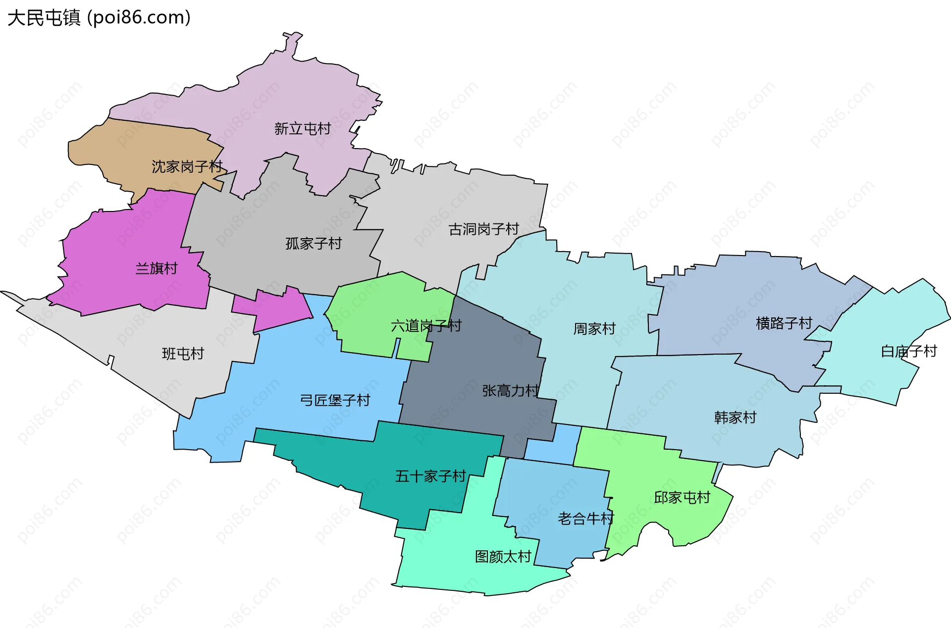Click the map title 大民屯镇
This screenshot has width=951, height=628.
(x=44, y=18)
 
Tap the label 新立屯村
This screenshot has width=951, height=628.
(x=302, y=129)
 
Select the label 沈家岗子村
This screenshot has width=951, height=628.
(x=187, y=166)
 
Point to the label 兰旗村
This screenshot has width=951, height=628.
(x=157, y=268)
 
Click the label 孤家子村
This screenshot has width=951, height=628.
(x=314, y=243)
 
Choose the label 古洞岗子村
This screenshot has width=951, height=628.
(x=483, y=229)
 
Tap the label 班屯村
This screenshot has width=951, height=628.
(x=183, y=354)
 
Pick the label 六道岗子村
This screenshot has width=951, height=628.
(x=426, y=326)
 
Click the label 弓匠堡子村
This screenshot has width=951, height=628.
(x=335, y=400)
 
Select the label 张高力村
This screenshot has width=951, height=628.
(x=510, y=391)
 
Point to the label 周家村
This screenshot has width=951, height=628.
(x=594, y=329)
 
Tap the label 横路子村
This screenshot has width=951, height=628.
(x=784, y=323)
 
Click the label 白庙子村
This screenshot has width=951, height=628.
(x=908, y=351)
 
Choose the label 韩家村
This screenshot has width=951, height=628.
(x=735, y=418)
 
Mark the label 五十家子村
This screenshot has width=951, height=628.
(x=430, y=476)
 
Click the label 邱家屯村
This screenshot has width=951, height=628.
(x=682, y=497)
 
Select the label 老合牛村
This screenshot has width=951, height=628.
(x=585, y=519)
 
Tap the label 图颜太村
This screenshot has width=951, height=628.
(x=503, y=557)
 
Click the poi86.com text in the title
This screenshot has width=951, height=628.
(x=139, y=18)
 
